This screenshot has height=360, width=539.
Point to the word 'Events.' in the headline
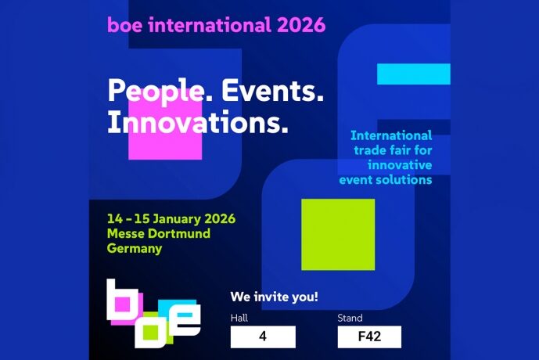click(x=273, y=91)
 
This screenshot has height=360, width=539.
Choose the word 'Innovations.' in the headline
click(x=197, y=121)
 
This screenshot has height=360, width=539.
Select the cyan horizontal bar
click(x=413, y=74)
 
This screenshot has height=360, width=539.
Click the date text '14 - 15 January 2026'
click(x=172, y=218)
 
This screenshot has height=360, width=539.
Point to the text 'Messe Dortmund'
click(x=159, y=233)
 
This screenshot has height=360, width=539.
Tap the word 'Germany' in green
click(x=135, y=249)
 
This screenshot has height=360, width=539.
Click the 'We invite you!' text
click(x=274, y=297)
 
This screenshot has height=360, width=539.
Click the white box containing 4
click(x=263, y=337)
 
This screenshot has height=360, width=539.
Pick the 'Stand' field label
click(x=350, y=319)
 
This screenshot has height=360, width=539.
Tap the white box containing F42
click(x=369, y=337)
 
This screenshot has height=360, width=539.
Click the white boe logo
click(x=153, y=313)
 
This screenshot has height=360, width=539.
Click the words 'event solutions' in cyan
click(x=386, y=180)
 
